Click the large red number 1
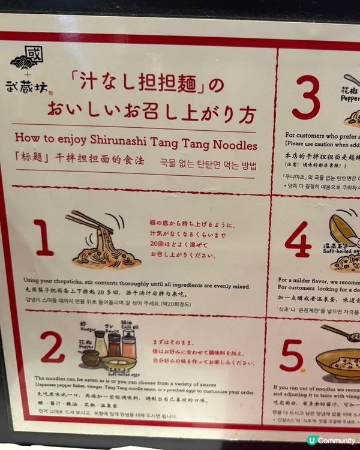coord(43,238)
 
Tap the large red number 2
coord(52,347)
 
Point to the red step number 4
coord(298,239)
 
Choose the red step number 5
coord(292,356)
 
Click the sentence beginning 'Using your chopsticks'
coord(137,286)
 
